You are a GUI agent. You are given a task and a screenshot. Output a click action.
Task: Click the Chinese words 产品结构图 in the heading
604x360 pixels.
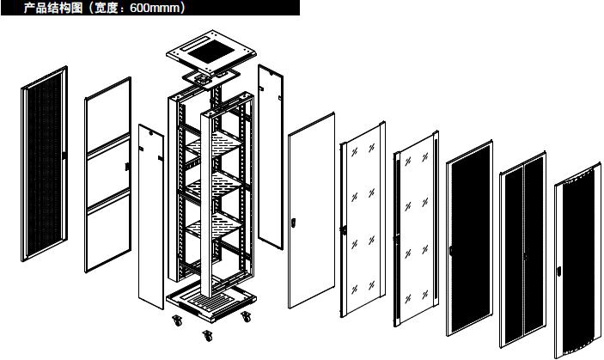(x=53, y=8)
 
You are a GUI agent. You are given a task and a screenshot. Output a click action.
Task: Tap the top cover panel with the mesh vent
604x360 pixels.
(x=211, y=52)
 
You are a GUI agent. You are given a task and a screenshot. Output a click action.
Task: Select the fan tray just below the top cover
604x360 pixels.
(x=210, y=79)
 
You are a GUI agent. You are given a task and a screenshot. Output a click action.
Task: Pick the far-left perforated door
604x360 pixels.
(x=45, y=163)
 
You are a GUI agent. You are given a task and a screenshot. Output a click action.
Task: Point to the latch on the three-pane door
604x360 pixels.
(x=127, y=167)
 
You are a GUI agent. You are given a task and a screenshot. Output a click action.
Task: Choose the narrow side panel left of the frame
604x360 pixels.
(x=151, y=217)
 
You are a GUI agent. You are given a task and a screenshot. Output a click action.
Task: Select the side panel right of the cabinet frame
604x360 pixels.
(x=271, y=156)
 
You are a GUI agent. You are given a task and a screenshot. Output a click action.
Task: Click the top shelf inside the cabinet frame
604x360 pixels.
(x=214, y=143)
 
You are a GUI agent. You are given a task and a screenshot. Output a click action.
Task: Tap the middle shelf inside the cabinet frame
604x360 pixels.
(x=214, y=185)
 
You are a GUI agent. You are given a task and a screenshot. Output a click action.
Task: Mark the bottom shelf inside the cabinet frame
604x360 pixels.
(x=214, y=226)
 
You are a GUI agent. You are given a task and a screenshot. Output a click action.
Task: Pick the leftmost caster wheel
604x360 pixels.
(x=177, y=320)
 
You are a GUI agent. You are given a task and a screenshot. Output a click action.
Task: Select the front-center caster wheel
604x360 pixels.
(x=208, y=336)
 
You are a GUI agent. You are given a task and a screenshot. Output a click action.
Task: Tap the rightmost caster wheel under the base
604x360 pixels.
(x=246, y=317)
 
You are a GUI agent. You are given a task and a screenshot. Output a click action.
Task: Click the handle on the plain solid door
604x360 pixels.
(x=293, y=223)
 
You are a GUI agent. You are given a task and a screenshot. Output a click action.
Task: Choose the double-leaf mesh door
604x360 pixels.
(x=522, y=250)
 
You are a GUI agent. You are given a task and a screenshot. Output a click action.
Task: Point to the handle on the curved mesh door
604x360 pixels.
(x=559, y=271)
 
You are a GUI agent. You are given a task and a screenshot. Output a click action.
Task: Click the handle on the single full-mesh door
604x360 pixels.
(x=450, y=250)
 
